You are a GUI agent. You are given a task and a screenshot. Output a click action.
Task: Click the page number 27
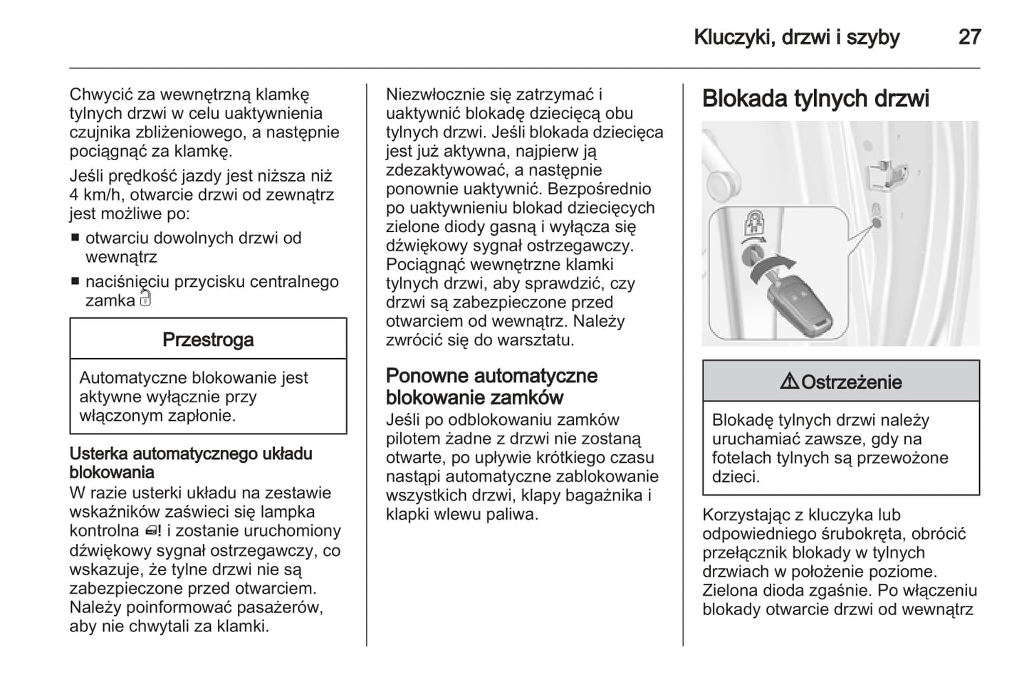969,37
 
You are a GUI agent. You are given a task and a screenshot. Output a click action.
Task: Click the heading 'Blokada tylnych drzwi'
815,98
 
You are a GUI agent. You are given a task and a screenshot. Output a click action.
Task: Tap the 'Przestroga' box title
208,340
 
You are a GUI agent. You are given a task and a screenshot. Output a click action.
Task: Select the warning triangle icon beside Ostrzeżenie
789,382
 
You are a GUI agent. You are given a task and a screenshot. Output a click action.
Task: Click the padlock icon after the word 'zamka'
145,299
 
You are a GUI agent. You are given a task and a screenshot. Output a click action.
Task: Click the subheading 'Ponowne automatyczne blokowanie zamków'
491,387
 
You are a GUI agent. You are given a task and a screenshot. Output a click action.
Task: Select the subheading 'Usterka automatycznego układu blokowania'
190,463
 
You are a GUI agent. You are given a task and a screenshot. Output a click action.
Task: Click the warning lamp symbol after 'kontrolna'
152,531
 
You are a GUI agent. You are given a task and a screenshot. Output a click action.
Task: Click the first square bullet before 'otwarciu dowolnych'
75,238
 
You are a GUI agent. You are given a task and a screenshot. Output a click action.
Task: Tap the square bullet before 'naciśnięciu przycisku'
75,282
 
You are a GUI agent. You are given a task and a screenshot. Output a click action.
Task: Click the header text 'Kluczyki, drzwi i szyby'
796,37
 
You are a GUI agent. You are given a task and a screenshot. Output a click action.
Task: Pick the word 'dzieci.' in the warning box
736,477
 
